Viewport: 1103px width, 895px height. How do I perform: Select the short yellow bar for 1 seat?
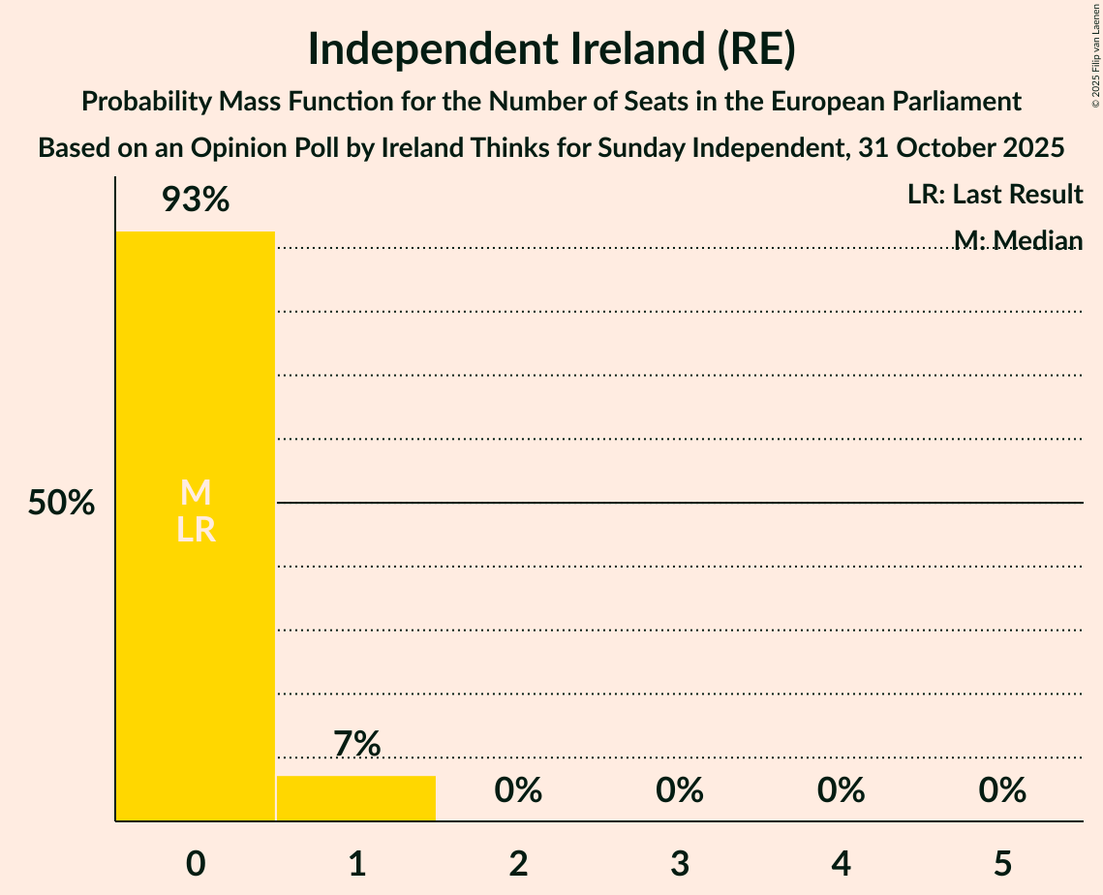[x=356, y=798]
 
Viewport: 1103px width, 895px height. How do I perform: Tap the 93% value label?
[x=196, y=201]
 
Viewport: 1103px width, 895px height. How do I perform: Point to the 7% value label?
[x=356, y=744]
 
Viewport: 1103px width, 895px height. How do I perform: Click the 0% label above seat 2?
[x=518, y=790]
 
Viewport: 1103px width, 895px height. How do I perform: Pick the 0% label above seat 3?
[x=680, y=790]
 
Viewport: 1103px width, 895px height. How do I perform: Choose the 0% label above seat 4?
[x=841, y=790]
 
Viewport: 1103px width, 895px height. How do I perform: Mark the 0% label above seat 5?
[x=1002, y=790]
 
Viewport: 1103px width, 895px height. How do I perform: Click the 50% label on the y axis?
[x=61, y=504]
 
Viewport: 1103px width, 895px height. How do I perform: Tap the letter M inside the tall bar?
[x=196, y=493]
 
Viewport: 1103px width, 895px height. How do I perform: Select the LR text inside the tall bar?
[x=196, y=530]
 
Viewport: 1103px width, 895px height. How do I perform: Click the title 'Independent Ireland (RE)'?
[x=551, y=50]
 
